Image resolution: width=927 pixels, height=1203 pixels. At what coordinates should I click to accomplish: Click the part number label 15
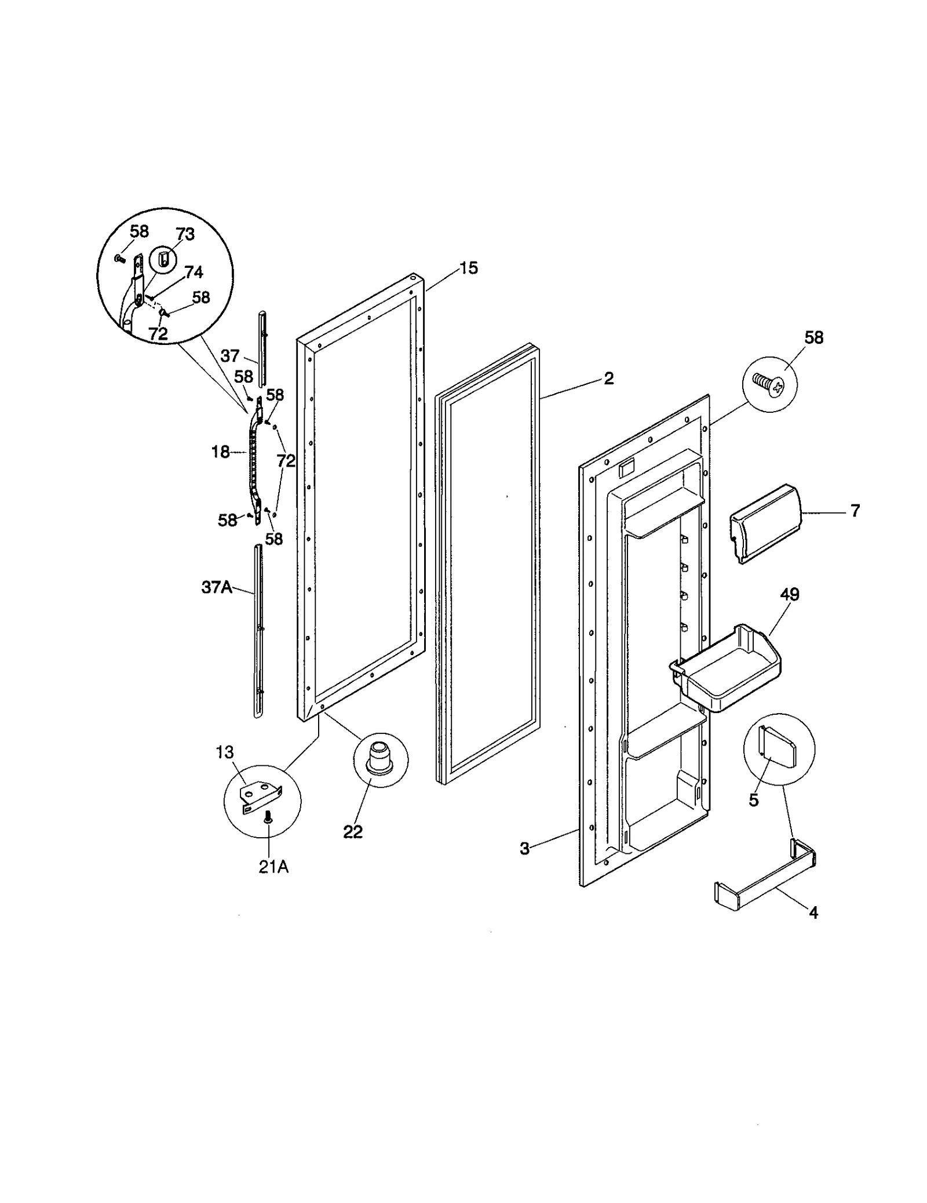pos(469,268)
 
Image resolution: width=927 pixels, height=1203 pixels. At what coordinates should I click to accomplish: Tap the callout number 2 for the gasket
pos(608,378)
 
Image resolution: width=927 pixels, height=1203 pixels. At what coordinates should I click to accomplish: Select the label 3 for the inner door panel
pos(524,849)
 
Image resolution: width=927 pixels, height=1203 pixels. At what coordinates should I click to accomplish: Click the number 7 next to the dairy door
pos(855,511)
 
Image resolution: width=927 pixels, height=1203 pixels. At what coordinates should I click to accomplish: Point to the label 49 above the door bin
pos(790,594)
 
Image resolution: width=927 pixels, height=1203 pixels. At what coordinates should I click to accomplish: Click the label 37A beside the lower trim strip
pos(216,587)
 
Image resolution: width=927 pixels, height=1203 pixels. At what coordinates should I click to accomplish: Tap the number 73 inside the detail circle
pos(185,234)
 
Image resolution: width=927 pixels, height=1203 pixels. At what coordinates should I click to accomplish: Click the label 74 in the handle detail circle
pos(194,272)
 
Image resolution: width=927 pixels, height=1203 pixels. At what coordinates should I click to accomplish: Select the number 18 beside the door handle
pos(220,452)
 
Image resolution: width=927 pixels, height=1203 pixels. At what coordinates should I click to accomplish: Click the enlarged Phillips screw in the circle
pos(768,383)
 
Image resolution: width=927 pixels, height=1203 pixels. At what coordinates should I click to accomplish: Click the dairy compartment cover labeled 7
pos(765,523)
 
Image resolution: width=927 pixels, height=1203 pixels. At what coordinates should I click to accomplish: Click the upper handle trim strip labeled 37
pos(262,348)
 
